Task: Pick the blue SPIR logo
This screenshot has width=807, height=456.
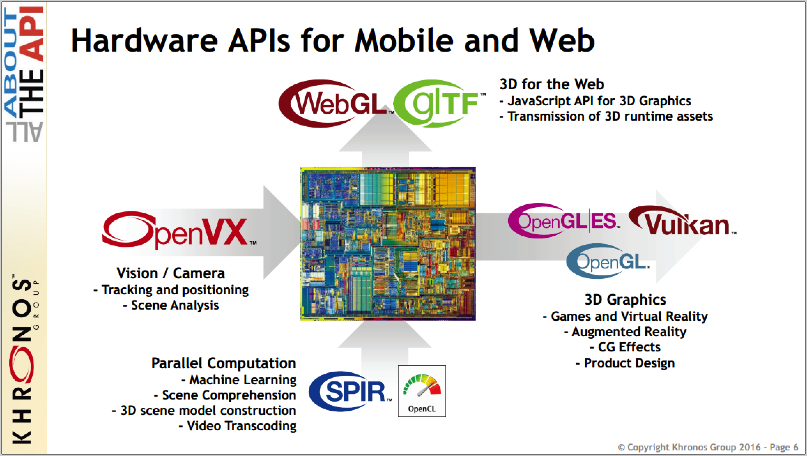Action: (350, 391)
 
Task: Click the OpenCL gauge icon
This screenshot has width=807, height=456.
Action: (422, 391)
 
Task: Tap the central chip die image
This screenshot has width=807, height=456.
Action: (388, 244)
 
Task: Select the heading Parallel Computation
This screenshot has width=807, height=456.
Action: (224, 363)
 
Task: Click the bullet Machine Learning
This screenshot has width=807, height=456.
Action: (239, 380)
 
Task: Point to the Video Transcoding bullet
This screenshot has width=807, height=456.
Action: (238, 426)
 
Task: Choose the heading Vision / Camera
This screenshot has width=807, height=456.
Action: (171, 273)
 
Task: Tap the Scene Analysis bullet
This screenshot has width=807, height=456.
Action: (171, 305)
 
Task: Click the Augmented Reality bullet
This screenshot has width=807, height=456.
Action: (625, 332)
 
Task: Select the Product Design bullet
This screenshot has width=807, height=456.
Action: (625, 363)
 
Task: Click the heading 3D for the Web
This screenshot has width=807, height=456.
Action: (552, 84)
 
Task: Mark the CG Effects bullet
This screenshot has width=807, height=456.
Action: (625, 347)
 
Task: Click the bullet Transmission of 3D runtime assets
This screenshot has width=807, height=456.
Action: (606, 116)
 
